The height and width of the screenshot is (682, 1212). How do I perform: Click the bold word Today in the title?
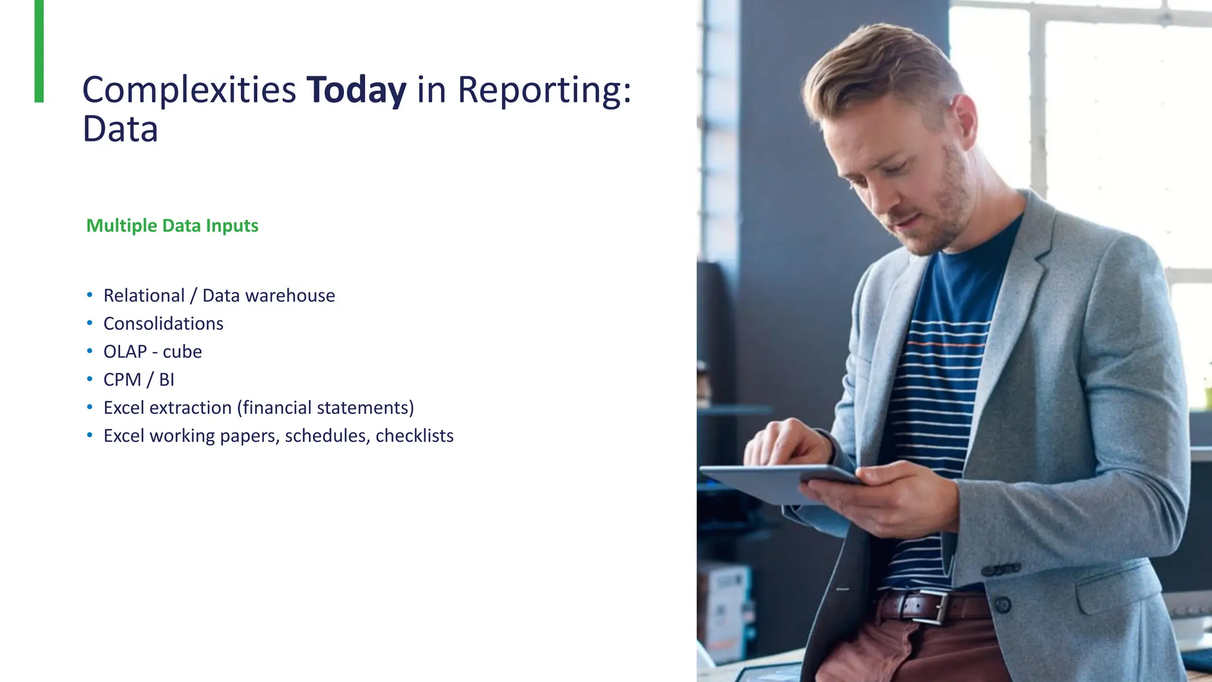point(356,90)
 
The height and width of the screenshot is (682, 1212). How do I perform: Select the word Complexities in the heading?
point(189,90)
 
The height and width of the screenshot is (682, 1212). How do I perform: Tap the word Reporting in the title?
point(540,90)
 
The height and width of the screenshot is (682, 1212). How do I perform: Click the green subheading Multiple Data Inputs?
point(172,226)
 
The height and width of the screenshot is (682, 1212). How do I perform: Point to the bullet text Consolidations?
point(163,323)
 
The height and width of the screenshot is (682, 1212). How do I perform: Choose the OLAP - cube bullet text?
point(153,352)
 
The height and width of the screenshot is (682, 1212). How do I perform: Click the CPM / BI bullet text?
point(139,379)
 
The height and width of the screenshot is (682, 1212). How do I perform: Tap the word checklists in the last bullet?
point(414,436)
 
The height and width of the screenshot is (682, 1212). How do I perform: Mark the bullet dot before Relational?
point(89,295)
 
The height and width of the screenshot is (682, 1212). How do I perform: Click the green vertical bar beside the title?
point(39,51)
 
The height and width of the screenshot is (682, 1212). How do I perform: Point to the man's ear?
point(965,121)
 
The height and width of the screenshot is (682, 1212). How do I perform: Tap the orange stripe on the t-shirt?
point(947,343)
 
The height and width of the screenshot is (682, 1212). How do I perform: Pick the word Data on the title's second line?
point(120,129)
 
